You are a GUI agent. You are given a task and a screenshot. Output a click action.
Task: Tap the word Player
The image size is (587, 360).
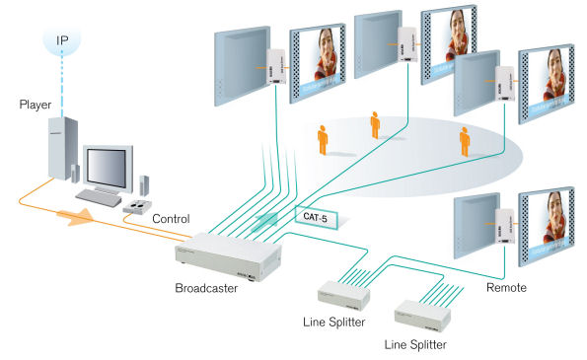[x=34, y=104]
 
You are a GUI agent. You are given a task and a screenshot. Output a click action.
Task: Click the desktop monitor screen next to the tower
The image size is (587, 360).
[x=106, y=168]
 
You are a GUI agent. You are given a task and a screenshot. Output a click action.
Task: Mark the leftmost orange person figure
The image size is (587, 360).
[x=322, y=140]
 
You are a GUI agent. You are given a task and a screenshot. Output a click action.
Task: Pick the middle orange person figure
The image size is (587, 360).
[x=375, y=124]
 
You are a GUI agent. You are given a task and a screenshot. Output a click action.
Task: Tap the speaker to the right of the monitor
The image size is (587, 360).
[x=145, y=184]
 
